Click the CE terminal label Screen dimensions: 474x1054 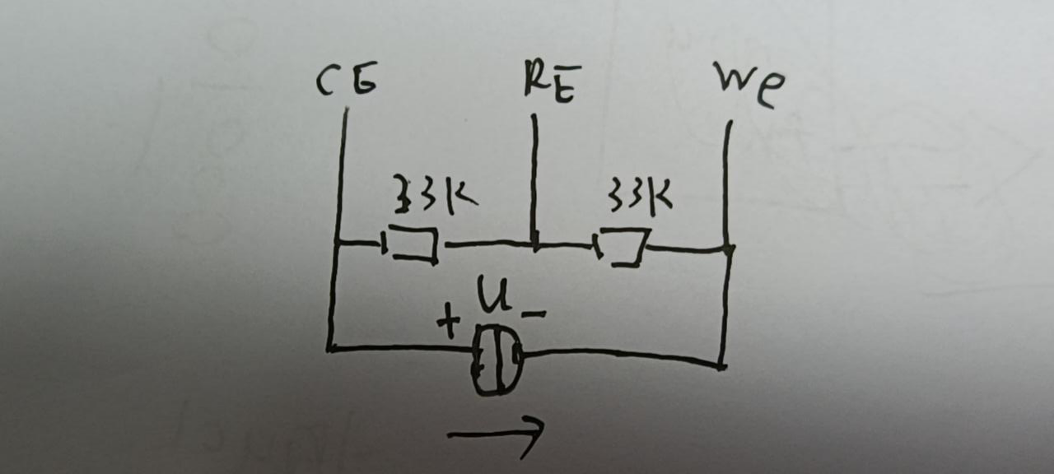coord(347,82)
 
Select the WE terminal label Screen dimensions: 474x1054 coord(749,86)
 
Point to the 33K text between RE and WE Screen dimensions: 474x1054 coord(639,196)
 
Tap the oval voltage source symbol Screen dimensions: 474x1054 coord(497,359)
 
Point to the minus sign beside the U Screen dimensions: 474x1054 coord(533,314)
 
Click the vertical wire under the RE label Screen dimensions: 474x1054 coord(534,177)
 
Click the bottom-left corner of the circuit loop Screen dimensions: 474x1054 coord(330,349)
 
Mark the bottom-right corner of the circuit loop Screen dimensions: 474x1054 coord(721,365)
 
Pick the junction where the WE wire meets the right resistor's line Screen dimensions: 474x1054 coord(728,248)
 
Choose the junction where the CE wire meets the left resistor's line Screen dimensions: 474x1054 coord(337,243)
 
